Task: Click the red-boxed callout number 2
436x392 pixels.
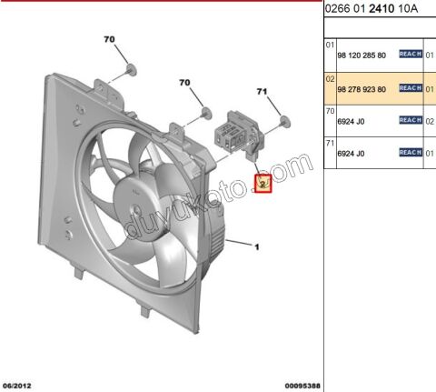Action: point(263,184)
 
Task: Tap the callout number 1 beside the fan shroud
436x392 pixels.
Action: point(257,246)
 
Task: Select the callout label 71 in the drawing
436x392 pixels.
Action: point(263,92)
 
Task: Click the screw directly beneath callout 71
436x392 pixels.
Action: point(284,119)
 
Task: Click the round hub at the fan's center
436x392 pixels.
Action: point(134,191)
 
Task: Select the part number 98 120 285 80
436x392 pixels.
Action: point(362,55)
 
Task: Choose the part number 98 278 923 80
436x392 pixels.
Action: point(362,87)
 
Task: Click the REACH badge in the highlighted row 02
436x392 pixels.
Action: point(411,87)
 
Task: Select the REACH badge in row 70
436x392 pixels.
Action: point(411,120)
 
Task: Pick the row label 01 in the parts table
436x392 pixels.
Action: point(330,44)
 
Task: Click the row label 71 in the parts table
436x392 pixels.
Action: point(330,142)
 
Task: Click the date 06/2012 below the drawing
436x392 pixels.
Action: point(19,385)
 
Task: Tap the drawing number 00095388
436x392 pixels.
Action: point(301,385)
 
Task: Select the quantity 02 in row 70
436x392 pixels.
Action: point(430,120)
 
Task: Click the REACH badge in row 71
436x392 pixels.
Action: point(411,153)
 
